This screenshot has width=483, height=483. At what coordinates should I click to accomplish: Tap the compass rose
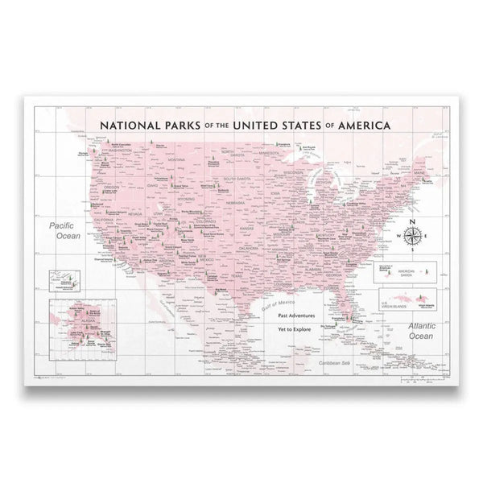coord(412,236)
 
